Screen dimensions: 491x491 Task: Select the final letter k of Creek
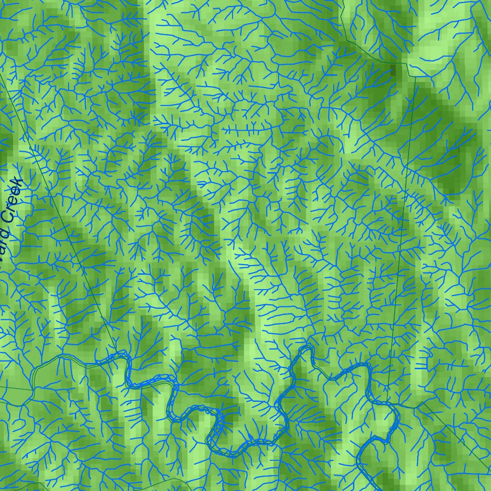18,183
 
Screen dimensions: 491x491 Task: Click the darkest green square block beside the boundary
394,71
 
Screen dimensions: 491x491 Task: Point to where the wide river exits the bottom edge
379,489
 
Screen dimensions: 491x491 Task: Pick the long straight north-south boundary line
403,240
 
